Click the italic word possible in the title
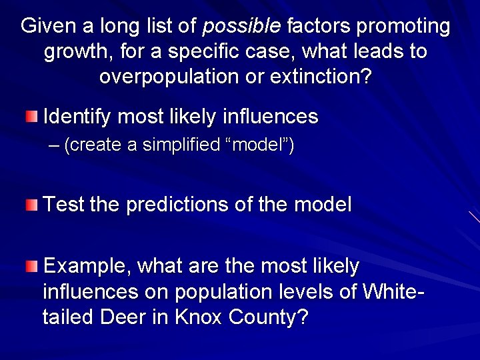click(242, 27)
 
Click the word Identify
click(77, 117)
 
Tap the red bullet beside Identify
click(32, 117)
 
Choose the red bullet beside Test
click(32, 204)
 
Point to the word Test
click(63, 204)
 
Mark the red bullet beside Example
click(32, 267)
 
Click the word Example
click(87, 267)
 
